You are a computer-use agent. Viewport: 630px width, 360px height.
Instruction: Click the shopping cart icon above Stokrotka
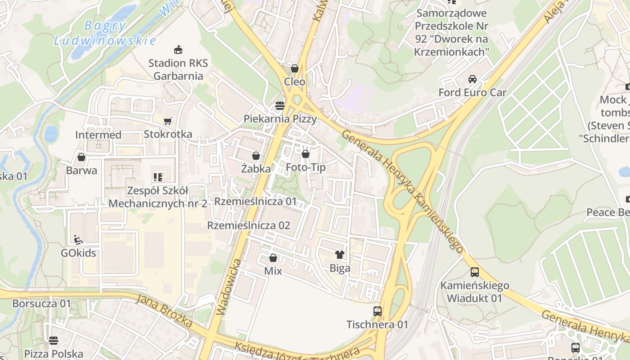click(168, 121)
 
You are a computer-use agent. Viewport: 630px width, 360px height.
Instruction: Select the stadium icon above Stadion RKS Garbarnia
click(178, 49)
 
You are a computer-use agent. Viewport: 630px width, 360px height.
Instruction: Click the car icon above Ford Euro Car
click(472, 79)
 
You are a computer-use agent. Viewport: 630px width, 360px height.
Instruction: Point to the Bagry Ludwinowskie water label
click(105, 33)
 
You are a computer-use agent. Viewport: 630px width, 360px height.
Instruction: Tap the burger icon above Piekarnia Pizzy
click(280, 106)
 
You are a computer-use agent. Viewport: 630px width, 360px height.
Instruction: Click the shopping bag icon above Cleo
click(295, 68)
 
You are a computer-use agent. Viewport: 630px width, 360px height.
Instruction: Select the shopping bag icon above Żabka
click(256, 156)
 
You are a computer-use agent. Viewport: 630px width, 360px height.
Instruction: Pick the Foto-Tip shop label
click(306, 167)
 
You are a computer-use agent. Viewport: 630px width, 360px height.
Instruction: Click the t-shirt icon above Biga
click(340, 255)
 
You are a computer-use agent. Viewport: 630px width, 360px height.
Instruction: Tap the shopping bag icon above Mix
click(273, 258)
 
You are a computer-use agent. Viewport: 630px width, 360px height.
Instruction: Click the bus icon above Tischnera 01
click(377, 311)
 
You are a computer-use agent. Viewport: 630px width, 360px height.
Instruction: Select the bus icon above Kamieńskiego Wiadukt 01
click(475, 272)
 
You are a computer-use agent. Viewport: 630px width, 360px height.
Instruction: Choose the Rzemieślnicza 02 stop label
click(248, 225)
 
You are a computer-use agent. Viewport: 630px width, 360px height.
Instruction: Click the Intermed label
click(98, 135)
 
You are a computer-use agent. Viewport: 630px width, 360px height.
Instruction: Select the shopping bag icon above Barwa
click(81, 157)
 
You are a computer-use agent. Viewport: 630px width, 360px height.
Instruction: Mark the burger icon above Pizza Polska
click(54, 340)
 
